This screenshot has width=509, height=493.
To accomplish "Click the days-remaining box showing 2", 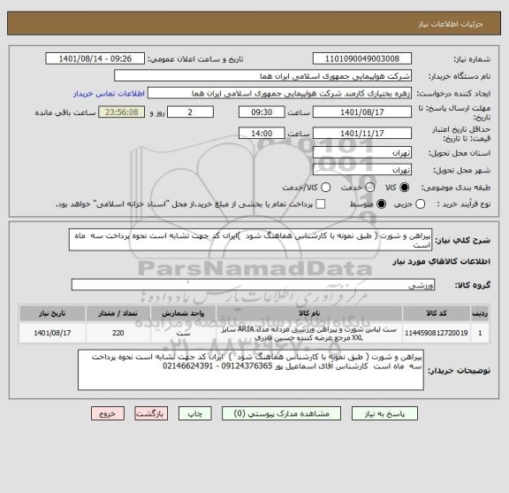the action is [192, 112].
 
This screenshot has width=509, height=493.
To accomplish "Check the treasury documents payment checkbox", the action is [320, 204].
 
